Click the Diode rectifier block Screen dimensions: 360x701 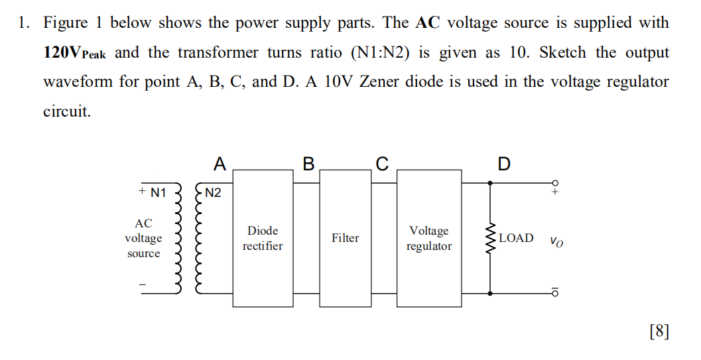(x=263, y=238)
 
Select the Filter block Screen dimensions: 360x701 (x=345, y=238)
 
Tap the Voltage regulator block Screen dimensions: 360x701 (x=429, y=238)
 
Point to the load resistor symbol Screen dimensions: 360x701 (x=491, y=239)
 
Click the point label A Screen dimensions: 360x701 (x=220, y=163)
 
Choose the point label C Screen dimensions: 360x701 (x=382, y=163)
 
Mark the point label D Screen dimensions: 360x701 (x=504, y=163)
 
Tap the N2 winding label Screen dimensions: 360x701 (x=214, y=193)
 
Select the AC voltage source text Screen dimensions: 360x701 (x=143, y=239)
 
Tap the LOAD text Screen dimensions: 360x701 (x=516, y=238)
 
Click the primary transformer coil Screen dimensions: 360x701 (x=177, y=239)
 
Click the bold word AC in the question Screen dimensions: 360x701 (x=428, y=23)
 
